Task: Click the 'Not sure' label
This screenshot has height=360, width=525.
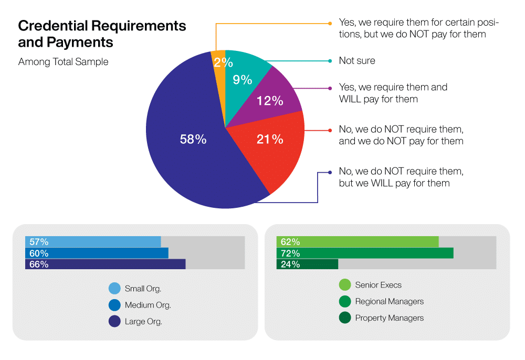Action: [x=357, y=61]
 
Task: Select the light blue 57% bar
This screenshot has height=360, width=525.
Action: [x=93, y=242]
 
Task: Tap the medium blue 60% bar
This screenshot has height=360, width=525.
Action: [x=97, y=253]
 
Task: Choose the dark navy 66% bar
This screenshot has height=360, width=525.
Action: [x=105, y=264]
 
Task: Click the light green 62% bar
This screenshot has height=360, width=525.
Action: [x=357, y=242]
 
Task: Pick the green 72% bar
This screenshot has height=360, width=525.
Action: [x=365, y=253]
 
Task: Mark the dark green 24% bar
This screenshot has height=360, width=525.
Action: [x=307, y=264]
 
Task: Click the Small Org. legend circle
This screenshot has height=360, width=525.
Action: [x=114, y=288]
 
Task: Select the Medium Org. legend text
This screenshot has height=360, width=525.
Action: [x=148, y=305]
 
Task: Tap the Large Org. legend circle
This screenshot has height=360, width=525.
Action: [x=114, y=321]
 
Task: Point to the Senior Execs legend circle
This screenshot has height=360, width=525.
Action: [x=344, y=285]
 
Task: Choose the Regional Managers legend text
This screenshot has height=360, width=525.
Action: [x=389, y=301]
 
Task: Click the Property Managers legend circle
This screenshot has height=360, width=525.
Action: [x=344, y=317]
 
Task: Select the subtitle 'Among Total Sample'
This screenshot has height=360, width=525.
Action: [x=63, y=62]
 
